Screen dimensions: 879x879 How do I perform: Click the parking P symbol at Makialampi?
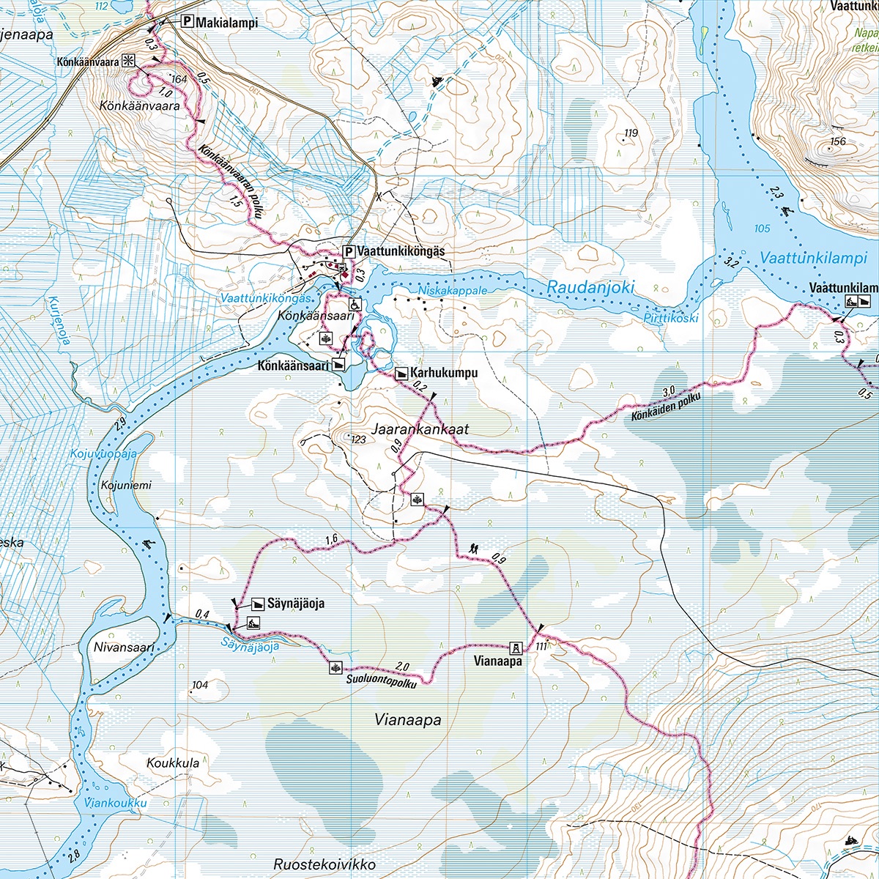[x=187, y=23]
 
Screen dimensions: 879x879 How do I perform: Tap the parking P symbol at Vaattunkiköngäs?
[x=349, y=251]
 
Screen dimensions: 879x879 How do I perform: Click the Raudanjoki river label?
[x=590, y=288]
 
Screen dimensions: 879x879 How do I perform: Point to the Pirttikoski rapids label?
[x=671, y=319]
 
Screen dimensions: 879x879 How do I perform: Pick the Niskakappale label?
[x=452, y=291]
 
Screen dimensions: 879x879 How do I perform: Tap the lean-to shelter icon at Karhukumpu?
[x=401, y=373]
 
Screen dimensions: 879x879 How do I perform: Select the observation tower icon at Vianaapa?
[x=516, y=648]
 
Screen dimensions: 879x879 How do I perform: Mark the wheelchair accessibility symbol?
[x=354, y=304]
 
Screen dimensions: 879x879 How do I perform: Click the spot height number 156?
[x=837, y=141]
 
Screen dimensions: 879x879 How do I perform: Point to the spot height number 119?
[x=630, y=133]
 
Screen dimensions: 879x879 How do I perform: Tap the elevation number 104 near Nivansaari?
[x=199, y=686]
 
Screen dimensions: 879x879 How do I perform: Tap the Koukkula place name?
[x=173, y=763]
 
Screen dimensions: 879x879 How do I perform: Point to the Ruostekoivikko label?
[x=324, y=864]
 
